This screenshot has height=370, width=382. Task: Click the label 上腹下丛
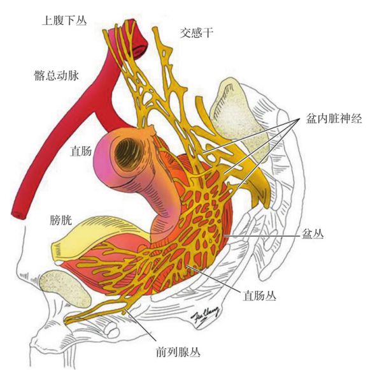coord(64,20)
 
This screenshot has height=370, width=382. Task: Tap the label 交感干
coord(197,33)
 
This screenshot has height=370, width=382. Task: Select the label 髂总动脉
coord(57,75)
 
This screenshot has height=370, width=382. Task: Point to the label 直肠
coord(81,151)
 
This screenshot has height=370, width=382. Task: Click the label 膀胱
coord(61,220)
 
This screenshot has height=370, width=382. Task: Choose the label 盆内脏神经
coord(334,119)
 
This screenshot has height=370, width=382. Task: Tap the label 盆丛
coord(313,234)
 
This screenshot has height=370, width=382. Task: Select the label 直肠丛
coord(260,296)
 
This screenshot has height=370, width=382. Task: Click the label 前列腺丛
coord(178,352)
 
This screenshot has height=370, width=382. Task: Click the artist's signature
coord(205,315)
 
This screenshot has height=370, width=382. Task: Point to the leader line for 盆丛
coord(262,236)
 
